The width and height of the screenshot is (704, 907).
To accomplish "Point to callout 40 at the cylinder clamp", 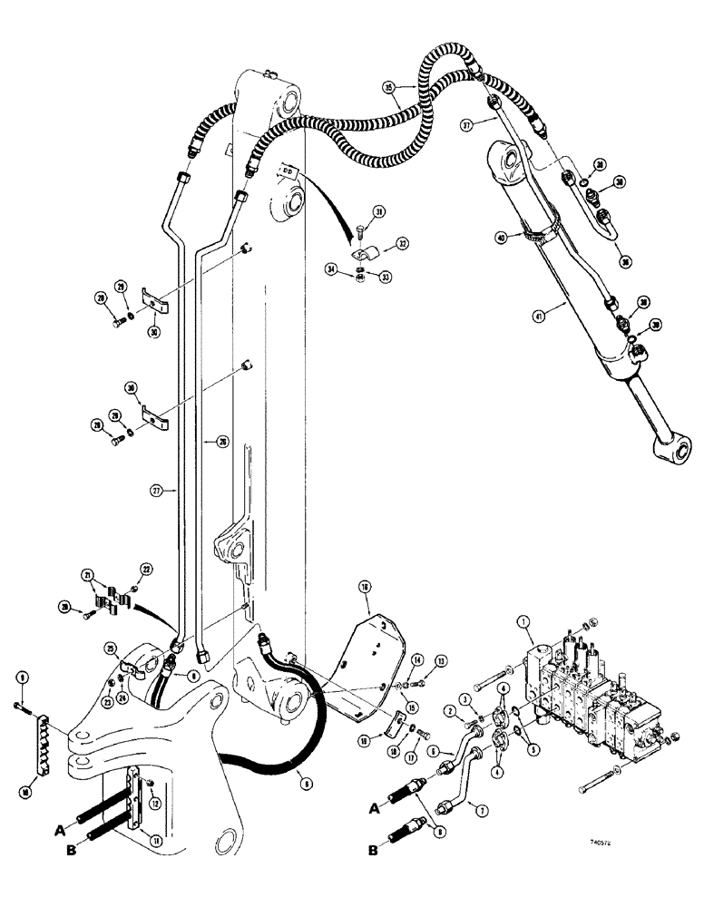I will tap(499, 239).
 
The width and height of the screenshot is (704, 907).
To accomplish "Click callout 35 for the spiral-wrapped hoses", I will tap(389, 90).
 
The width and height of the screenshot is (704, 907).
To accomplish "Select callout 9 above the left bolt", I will tap(22, 674).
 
